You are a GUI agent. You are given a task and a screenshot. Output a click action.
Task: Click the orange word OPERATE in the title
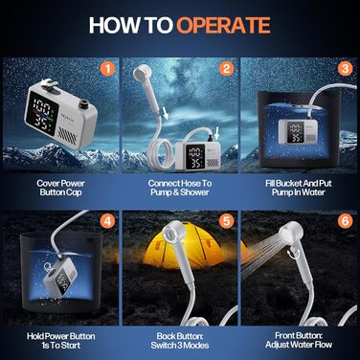tap(223, 25)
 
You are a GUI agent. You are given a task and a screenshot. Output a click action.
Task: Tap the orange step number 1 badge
tap(107, 69)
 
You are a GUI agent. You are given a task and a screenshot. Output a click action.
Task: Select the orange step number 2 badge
tap(226, 69)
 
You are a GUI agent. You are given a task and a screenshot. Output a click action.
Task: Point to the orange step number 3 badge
tap(345, 69)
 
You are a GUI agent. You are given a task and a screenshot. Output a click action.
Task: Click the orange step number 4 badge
tap(107, 221)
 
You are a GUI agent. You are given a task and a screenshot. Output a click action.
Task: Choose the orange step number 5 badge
tap(226, 221)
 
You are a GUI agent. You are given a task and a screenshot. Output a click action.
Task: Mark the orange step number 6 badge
tap(345, 221)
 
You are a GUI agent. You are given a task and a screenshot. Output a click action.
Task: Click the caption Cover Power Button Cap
tap(60, 188)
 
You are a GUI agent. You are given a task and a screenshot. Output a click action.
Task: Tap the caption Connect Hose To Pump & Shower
tap(180, 188)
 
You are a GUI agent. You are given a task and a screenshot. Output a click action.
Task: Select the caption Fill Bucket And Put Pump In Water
tap(299, 188)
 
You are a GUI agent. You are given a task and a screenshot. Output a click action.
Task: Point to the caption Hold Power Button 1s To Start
tap(60, 341)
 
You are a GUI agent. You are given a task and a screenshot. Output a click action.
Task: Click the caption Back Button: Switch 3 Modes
tap(180, 341)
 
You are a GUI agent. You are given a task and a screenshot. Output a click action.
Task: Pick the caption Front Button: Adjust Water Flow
tap(299, 340)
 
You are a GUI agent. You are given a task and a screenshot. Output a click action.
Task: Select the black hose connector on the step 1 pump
tap(84, 103)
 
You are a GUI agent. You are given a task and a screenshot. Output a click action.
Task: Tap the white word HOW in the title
tap(114, 25)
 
